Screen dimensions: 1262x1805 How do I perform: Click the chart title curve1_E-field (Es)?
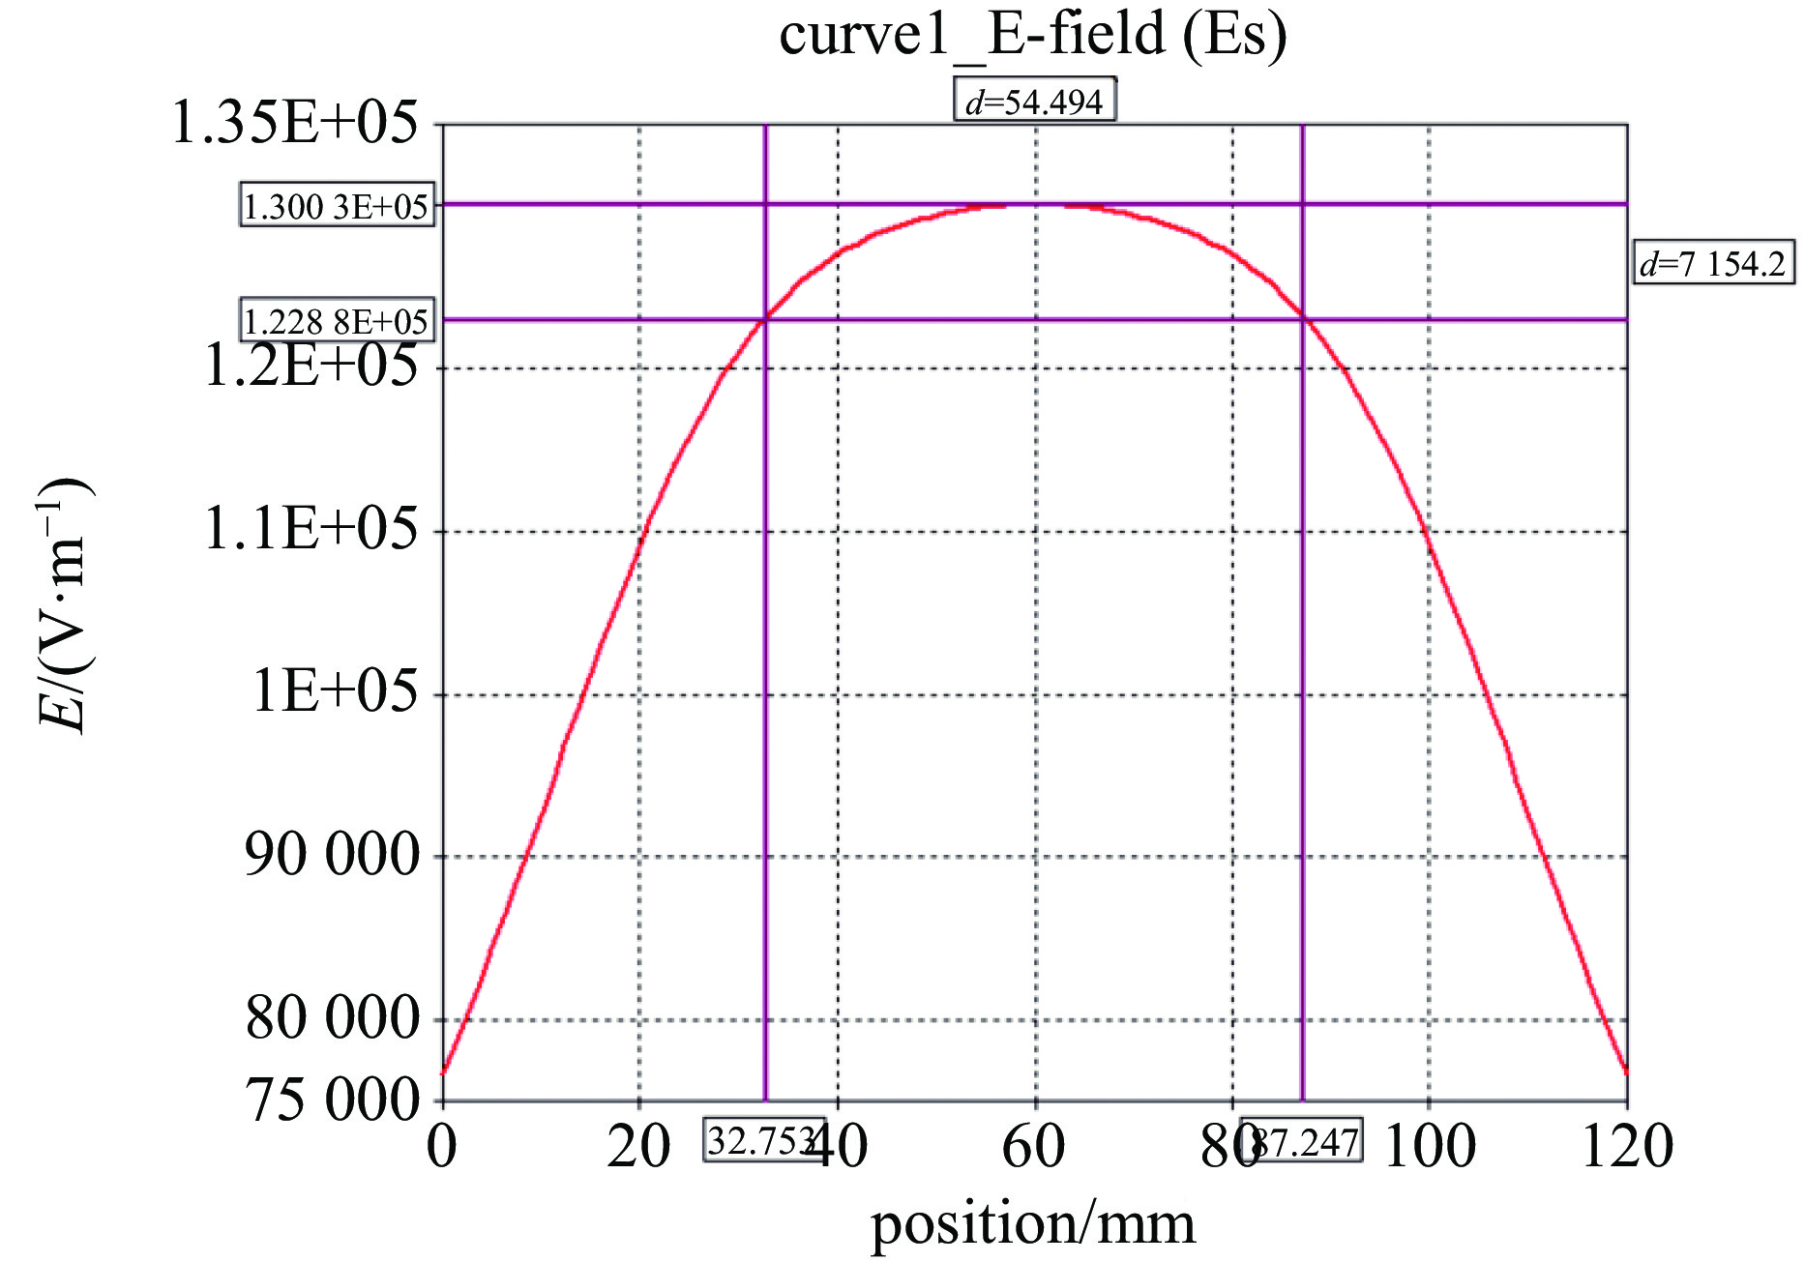(1032, 35)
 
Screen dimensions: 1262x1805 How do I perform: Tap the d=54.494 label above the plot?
(1034, 101)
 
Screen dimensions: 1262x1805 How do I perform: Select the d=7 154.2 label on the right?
(1713, 263)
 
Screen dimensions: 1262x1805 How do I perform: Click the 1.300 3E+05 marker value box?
(336, 206)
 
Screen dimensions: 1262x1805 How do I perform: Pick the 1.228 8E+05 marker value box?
(336, 321)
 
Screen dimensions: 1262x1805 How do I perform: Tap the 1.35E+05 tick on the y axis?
(294, 124)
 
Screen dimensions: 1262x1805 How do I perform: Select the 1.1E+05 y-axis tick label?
(311, 530)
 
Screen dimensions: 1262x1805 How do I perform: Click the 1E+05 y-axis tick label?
(335, 692)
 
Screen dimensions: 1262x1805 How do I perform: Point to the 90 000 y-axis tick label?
(332, 855)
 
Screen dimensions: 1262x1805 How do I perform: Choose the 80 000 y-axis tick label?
(332, 1018)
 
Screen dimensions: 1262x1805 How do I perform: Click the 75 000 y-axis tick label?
(332, 1100)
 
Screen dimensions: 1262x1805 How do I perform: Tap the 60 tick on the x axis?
(1033, 1147)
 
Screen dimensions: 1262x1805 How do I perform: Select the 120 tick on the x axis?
(1627, 1147)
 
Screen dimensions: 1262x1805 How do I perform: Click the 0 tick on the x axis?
(442, 1147)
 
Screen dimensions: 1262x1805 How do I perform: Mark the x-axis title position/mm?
(1032, 1224)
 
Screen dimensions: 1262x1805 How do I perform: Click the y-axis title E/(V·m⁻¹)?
(64, 604)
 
